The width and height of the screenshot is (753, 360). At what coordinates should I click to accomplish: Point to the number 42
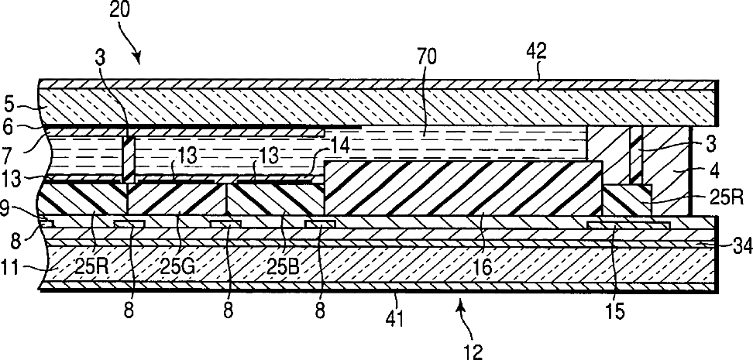click(x=537, y=52)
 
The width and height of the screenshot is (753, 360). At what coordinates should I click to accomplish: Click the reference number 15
click(x=610, y=314)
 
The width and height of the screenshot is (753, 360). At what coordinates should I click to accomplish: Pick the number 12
click(x=474, y=352)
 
